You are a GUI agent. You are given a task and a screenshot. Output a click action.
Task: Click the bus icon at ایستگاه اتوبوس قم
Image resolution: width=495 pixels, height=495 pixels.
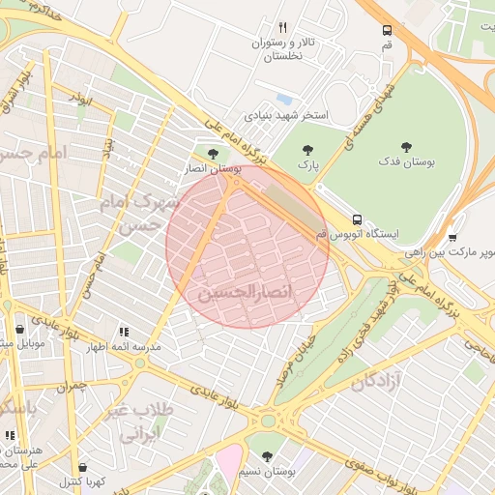357,219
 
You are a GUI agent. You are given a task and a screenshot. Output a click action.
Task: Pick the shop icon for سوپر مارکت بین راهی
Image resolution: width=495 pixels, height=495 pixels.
452,236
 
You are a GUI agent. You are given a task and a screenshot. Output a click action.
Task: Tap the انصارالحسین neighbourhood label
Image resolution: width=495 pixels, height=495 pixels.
245,291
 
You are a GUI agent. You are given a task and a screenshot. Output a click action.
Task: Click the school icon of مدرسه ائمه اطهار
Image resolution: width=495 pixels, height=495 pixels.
123,331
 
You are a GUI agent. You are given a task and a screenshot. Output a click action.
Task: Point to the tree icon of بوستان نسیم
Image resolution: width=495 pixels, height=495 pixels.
266,456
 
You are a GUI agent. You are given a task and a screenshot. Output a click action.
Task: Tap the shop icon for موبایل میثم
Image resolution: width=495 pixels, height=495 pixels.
18,330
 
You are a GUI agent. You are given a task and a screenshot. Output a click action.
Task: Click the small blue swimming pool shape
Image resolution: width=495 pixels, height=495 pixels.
283,99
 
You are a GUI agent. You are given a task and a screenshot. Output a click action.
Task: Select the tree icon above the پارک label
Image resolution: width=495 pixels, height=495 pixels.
308,150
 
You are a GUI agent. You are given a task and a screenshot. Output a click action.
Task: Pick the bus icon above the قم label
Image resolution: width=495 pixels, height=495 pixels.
387,30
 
